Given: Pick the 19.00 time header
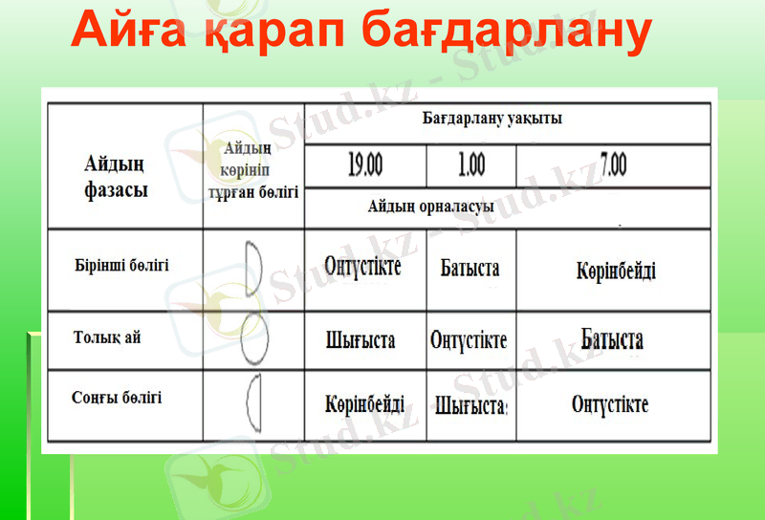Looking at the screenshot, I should point(364,166).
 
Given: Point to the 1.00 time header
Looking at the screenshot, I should point(470,166).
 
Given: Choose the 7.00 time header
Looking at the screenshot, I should point(613,165).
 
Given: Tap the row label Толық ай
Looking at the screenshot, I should point(107,337).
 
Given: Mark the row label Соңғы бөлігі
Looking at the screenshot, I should point(117,397).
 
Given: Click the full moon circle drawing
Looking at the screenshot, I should point(253,338).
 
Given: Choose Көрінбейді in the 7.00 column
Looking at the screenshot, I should point(616,271).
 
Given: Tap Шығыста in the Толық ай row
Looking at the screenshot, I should point(361,340).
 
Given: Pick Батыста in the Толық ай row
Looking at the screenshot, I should point(612,339).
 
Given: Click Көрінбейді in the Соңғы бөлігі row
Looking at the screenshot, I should point(364,404).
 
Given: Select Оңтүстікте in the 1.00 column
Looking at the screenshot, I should point(469,340).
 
